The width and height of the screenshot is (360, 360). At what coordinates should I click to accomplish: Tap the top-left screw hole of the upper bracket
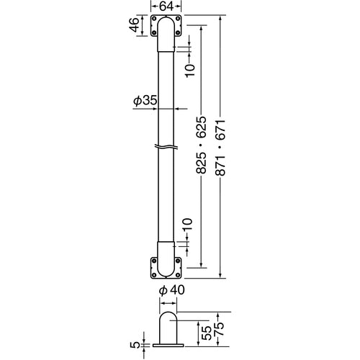[x=155, y=19]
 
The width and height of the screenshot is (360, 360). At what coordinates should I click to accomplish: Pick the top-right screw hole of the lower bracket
[x=179, y=261]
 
